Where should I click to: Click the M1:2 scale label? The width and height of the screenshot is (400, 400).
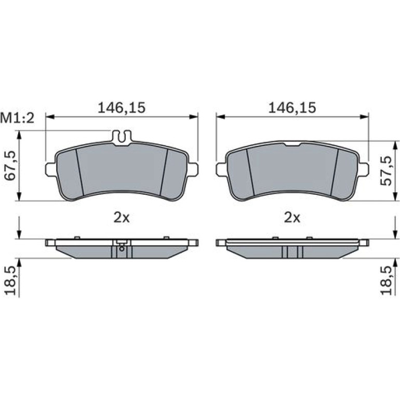click(17, 118)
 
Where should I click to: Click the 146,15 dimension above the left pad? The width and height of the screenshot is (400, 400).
click(122, 108)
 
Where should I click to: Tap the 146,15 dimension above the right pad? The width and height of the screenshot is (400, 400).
click(292, 108)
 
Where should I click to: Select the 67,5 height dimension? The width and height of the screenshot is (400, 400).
click(10, 166)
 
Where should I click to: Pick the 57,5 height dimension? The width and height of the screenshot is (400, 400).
click(385, 171)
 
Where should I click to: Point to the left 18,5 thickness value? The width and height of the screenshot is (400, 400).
click(10, 281)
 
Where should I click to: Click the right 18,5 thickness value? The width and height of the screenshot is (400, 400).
click(385, 281)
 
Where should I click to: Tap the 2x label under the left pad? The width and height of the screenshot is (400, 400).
click(122, 218)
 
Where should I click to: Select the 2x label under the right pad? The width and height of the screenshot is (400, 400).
click(292, 218)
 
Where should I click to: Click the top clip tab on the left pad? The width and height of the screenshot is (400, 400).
click(122, 138)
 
